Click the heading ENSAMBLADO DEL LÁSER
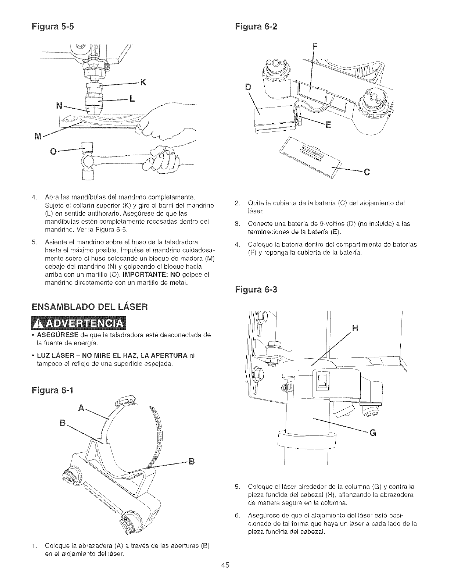pyautogui.click(x=90, y=306)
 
